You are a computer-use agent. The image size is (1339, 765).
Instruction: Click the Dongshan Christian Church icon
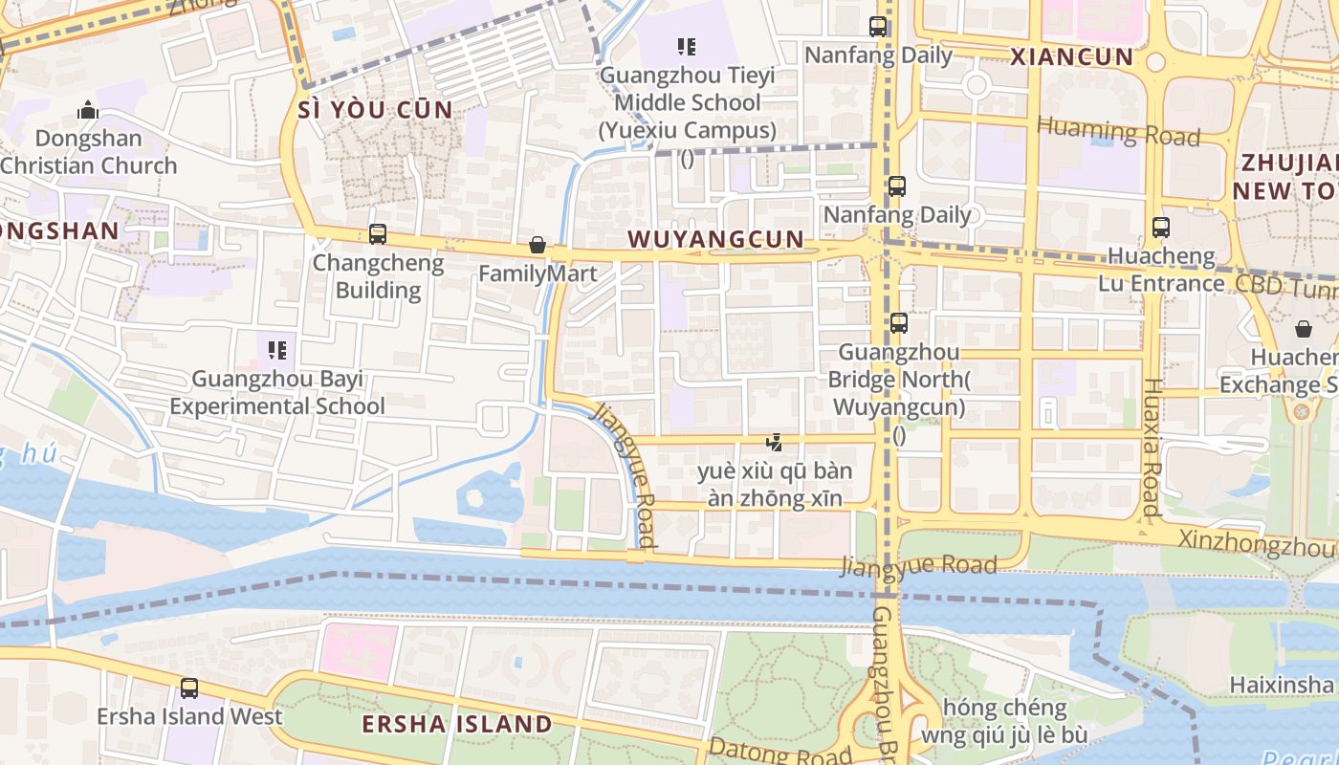pyautogui.click(x=88, y=111)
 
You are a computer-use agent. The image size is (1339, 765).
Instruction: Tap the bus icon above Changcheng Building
pyautogui.click(x=378, y=234)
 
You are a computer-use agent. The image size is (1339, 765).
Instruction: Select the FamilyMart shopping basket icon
pyautogui.click(x=538, y=246)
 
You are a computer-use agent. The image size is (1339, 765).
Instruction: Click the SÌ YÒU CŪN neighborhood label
pyautogui.click(x=375, y=109)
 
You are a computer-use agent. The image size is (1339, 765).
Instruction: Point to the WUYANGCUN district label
pyautogui.click(x=716, y=239)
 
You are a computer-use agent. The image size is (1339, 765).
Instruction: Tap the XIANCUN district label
pyautogui.click(x=1071, y=56)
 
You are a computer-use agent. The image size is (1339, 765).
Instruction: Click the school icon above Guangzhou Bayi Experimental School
pyautogui.click(x=277, y=351)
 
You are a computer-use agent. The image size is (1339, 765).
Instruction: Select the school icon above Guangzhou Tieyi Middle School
pyautogui.click(x=686, y=46)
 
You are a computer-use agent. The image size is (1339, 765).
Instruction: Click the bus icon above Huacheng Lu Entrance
pyautogui.click(x=1161, y=228)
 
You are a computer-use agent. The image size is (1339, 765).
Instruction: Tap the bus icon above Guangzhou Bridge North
pyautogui.click(x=899, y=323)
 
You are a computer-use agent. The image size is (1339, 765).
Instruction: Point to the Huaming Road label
pyautogui.click(x=1118, y=131)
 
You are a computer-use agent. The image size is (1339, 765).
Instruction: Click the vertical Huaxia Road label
pyautogui.click(x=1152, y=448)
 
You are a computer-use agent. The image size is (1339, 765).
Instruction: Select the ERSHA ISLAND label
pyautogui.click(x=457, y=724)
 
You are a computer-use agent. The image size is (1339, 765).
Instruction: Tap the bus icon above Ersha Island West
pyautogui.click(x=189, y=688)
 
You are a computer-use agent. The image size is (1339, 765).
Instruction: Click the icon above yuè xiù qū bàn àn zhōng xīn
pyautogui.click(x=775, y=443)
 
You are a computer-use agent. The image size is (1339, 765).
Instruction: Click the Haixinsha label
pyautogui.click(x=1281, y=685)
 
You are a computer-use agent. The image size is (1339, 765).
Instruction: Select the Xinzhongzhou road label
pyautogui.click(x=1257, y=542)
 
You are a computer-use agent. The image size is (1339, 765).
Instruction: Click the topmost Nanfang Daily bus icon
pyautogui.click(x=878, y=27)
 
